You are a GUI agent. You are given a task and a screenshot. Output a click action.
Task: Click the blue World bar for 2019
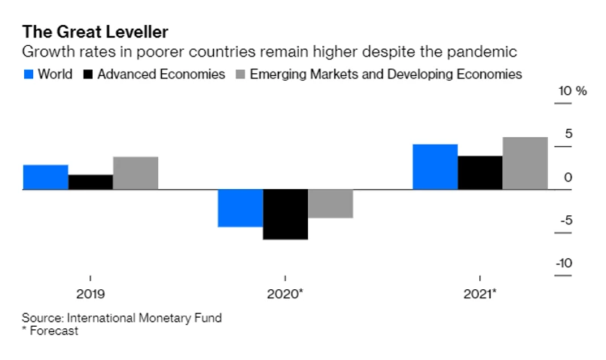pos(46,177)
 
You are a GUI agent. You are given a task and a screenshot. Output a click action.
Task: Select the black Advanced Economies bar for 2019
pos(91,182)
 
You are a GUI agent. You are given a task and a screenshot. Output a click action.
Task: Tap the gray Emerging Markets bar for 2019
pos(136,173)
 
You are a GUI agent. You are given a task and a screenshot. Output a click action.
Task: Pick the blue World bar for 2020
pos(241,208)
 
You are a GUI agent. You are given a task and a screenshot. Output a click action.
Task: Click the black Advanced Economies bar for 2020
pos(285,215)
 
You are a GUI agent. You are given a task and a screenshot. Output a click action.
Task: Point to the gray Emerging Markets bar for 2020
pos(330,204)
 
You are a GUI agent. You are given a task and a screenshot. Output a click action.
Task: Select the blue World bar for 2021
pos(435,166)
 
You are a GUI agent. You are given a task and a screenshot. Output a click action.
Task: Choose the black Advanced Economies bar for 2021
pos(480,172)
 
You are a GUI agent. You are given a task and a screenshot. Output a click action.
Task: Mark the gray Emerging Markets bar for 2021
pos(525,163)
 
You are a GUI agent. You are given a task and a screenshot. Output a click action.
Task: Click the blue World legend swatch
pos(29,75)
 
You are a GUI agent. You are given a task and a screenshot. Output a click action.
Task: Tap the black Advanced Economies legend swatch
pos(88,75)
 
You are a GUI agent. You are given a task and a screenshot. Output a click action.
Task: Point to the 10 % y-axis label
pos(571,91)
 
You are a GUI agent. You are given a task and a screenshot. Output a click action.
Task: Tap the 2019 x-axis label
pos(90,293)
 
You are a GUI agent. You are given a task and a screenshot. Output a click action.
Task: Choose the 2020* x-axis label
pos(285,293)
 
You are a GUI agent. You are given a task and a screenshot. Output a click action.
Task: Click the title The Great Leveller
pos(95,32)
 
